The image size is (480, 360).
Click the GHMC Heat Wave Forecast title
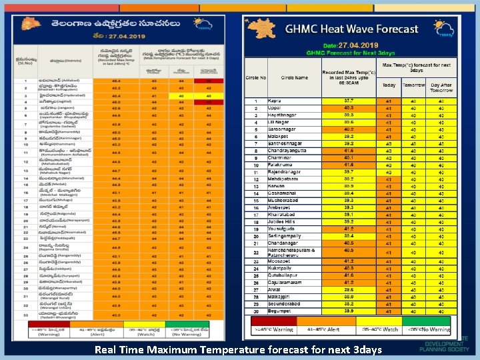[351, 29]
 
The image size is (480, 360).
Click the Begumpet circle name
[281, 311]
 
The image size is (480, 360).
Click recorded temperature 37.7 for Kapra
[349, 101]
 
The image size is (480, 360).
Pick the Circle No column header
[256, 77]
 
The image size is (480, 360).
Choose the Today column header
[389, 85]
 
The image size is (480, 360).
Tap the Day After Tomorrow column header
[441, 87]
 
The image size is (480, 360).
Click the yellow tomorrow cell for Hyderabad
[181, 95]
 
